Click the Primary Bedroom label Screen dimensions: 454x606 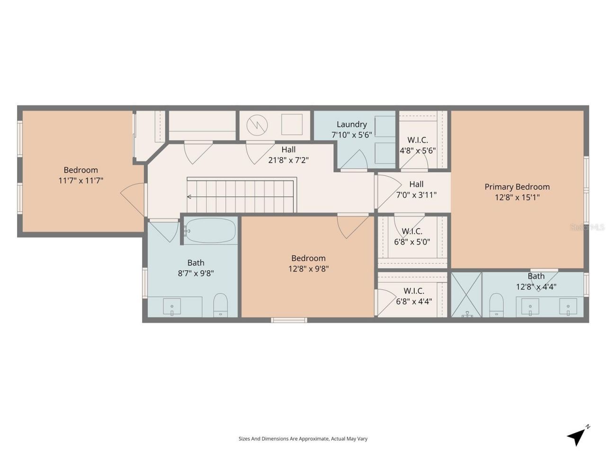(x=517, y=187)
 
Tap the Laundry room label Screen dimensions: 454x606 (x=351, y=124)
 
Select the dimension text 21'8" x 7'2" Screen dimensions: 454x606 (x=288, y=160)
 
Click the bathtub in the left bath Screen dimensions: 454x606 (x=210, y=231)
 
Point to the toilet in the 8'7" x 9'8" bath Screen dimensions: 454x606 (x=221, y=305)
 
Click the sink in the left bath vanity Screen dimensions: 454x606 (x=172, y=306)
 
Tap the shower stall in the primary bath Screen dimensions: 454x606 (x=466, y=294)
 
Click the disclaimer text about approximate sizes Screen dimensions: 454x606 (x=303, y=439)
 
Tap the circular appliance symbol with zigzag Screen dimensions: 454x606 (x=257, y=125)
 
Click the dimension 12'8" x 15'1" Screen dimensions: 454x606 (x=517, y=197)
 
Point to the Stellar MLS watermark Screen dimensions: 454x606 (x=587, y=227)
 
